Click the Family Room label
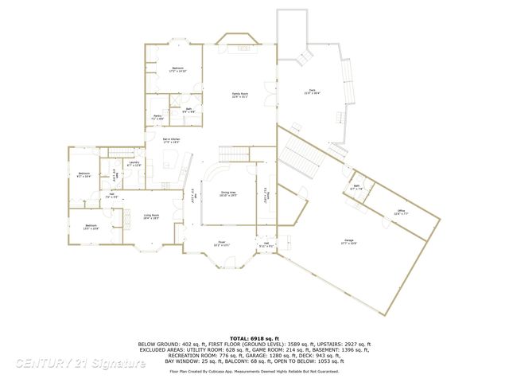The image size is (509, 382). [x=237, y=95]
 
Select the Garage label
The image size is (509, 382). [x=349, y=241]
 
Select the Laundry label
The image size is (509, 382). [x=134, y=163]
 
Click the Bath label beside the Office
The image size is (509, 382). [x=357, y=187]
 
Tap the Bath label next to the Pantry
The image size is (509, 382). [x=189, y=109]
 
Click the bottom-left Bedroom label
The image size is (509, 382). [x=91, y=226]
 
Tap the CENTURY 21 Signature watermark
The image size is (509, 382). [x=80, y=364]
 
